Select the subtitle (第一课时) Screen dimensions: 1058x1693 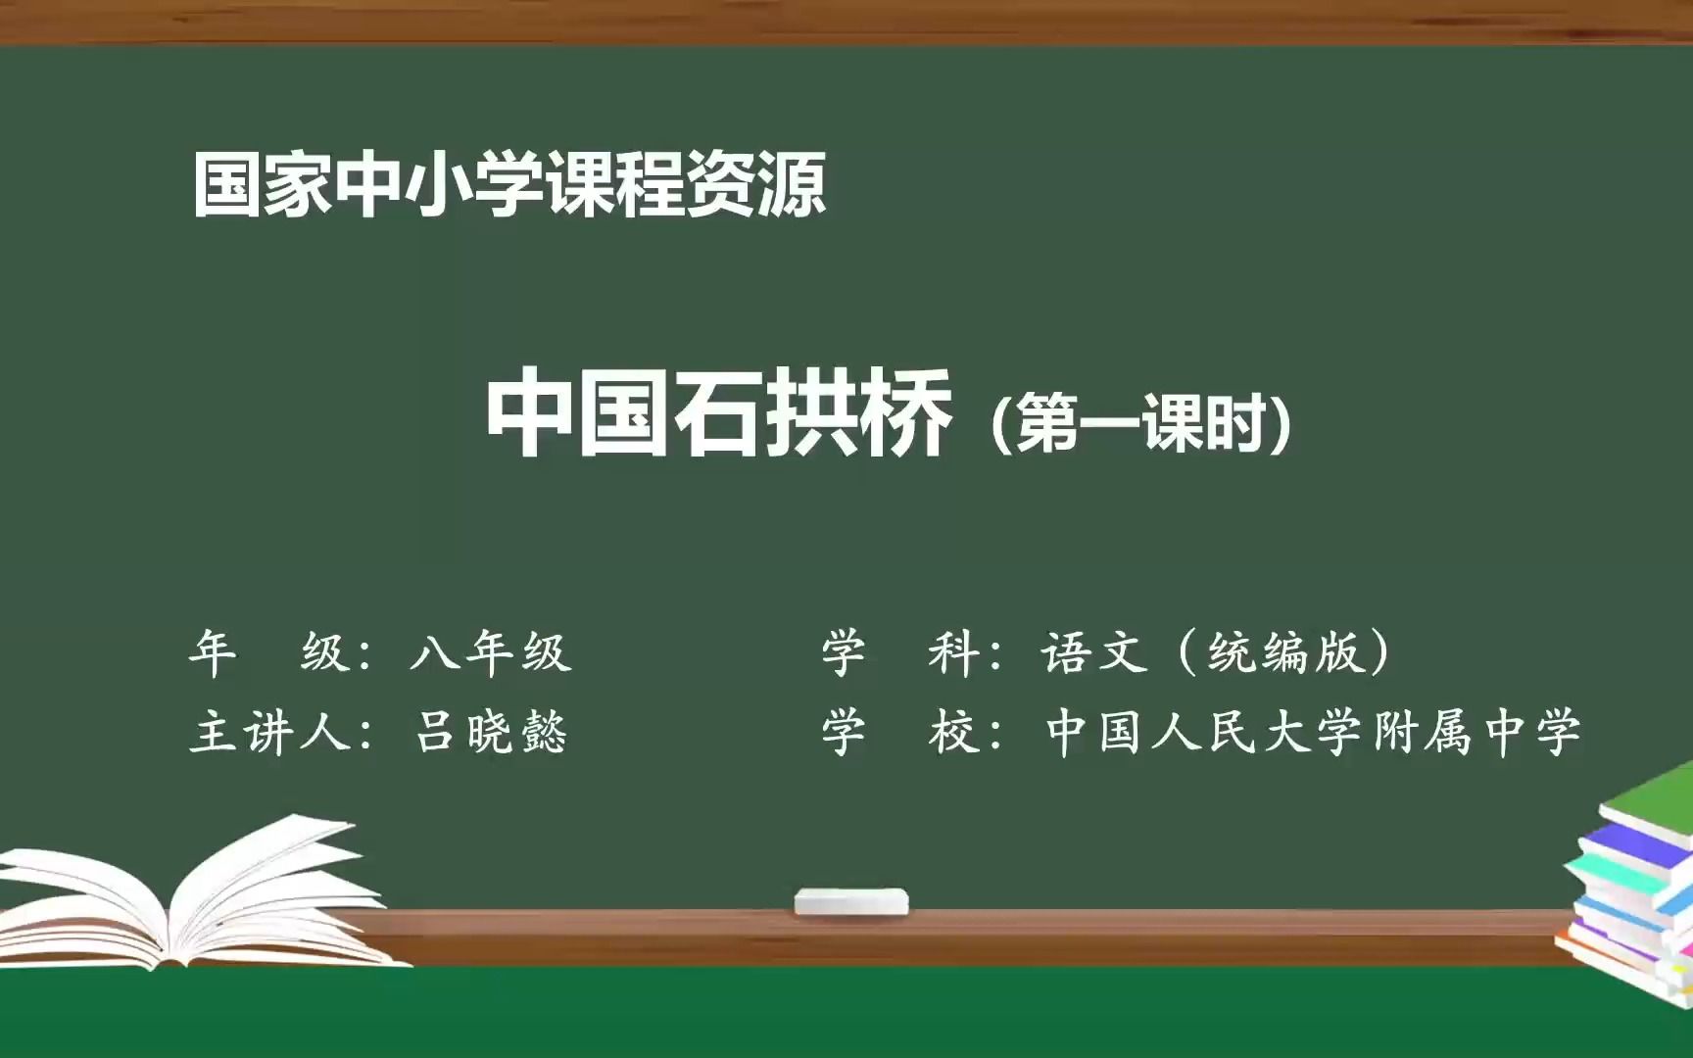tap(1141, 424)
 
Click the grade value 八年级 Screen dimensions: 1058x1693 tap(491, 651)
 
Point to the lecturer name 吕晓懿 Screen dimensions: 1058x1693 tap(491, 732)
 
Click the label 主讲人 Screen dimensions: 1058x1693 tap(269, 732)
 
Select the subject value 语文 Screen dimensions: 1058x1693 tap(1094, 651)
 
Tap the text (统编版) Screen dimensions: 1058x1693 tap(1285, 651)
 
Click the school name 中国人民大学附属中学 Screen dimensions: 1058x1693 tap(1314, 732)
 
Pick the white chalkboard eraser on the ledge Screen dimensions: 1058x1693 tap(851, 901)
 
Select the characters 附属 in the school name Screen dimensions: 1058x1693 tap(1422, 732)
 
